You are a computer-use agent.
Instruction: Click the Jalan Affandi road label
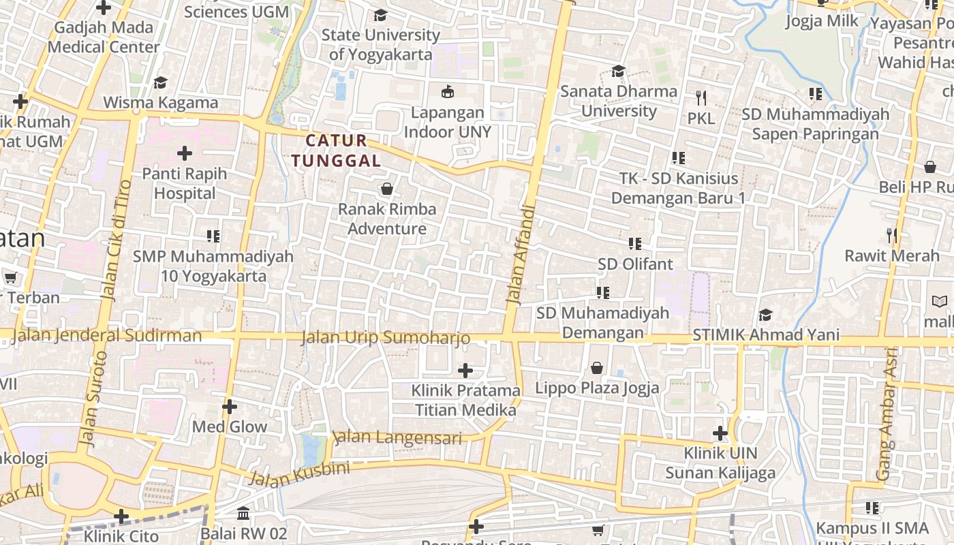click(x=518, y=253)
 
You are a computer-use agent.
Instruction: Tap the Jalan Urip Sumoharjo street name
click(x=386, y=337)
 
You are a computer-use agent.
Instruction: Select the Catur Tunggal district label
click(x=336, y=151)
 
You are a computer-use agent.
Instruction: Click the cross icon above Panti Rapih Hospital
click(x=184, y=153)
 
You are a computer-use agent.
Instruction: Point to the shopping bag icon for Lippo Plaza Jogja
click(x=597, y=368)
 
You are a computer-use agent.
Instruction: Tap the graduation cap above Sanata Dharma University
click(x=618, y=71)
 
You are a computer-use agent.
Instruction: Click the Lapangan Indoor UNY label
click(x=448, y=122)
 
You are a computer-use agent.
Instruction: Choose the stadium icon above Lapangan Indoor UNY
click(x=448, y=91)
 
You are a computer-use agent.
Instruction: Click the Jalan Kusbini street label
click(x=299, y=473)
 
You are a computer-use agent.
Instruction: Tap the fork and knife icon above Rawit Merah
click(x=891, y=236)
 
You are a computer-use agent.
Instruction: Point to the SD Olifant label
click(x=635, y=264)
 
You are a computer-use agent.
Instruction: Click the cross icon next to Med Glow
click(x=230, y=407)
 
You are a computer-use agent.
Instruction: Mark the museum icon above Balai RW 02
click(x=243, y=513)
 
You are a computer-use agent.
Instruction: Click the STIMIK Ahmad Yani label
click(x=766, y=335)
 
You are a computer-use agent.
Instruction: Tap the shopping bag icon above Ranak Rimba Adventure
click(x=387, y=189)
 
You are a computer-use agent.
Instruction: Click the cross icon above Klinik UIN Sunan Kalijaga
click(x=720, y=433)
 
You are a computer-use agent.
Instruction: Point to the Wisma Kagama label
click(x=161, y=103)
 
